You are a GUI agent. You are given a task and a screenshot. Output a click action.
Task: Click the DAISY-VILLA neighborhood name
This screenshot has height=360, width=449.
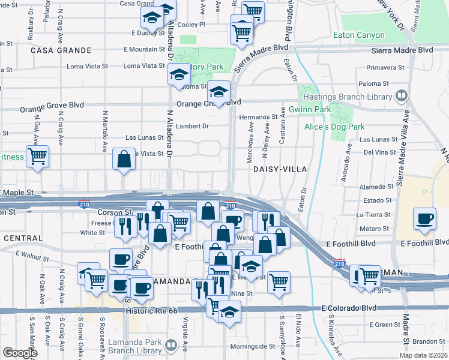coord(280,170)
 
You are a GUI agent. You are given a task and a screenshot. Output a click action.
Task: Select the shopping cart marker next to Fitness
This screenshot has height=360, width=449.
coord(37,157)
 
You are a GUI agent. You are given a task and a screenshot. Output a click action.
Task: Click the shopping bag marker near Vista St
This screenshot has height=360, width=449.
coord(124,160)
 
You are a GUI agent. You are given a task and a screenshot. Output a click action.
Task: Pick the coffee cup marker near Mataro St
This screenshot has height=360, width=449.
coord(425,219)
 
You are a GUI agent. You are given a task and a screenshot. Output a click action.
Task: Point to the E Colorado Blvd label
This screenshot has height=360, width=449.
coord(349,308)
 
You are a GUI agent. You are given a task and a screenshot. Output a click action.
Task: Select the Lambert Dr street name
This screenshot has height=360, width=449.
coord(192,126)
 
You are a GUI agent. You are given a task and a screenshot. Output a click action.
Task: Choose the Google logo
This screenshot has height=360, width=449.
coord(20,353)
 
